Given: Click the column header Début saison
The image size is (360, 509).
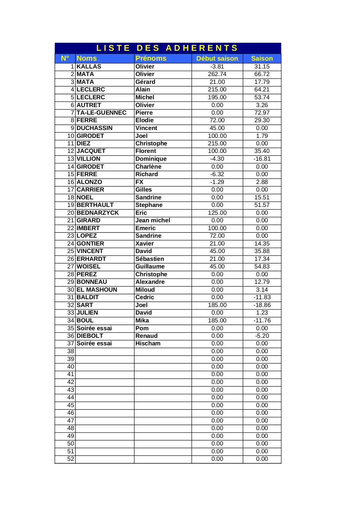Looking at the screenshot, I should coord(217,59).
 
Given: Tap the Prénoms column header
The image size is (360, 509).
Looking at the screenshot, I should coord(151,59).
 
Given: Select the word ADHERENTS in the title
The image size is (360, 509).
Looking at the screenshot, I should coord(202,48).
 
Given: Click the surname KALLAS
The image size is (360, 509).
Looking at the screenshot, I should coord(89,66).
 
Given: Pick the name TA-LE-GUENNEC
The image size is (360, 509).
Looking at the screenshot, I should coord(102,113).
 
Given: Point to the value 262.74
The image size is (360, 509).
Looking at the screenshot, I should coord(217,74).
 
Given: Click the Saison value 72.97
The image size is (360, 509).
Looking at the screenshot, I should coord(262,113).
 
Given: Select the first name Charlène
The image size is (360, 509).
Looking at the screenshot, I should coord(148,167).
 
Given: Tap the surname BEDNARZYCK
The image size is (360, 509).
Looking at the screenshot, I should coord(97,213).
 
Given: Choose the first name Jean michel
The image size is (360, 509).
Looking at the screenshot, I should coord(153,220).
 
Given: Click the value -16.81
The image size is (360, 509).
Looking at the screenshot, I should coord(262,159).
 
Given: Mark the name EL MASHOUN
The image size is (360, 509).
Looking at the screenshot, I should coord(97,290).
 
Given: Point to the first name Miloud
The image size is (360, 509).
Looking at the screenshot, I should coord(145,290).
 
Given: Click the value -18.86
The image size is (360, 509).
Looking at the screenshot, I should coord(262,305).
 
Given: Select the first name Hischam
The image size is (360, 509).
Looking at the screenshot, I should coord(148,343).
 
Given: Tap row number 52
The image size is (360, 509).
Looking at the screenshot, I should coord(70,459).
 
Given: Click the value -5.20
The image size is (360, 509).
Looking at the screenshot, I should coord(262,336).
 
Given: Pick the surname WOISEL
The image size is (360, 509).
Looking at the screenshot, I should coord(88,266).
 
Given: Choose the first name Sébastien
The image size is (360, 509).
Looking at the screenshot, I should coord(150,259).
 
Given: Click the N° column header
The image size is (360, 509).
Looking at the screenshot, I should coord(65,59).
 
